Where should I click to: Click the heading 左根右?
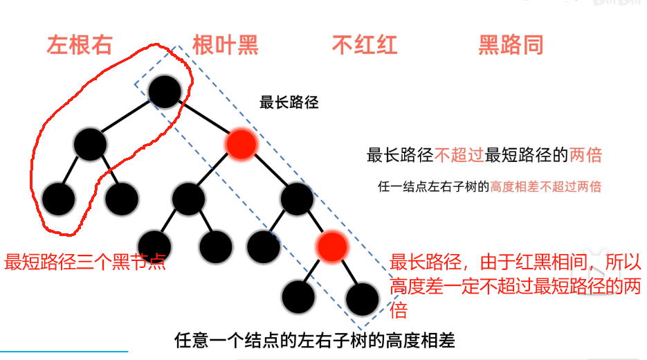click(x=79, y=45)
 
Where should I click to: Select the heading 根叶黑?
click(x=226, y=45)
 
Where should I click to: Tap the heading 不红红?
click(x=365, y=45)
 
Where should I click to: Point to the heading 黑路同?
click(x=511, y=45)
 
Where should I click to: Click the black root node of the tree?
click(x=164, y=89)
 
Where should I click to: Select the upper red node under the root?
click(x=242, y=144)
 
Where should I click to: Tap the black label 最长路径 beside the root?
click(x=289, y=103)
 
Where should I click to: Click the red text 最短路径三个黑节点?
click(x=85, y=262)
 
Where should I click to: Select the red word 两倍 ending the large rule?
click(x=585, y=155)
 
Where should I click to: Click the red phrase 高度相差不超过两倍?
click(x=545, y=186)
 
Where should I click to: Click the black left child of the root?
click(x=90, y=144)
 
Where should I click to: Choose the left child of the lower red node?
click(x=298, y=296)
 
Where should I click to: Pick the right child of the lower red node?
click(x=363, y=298)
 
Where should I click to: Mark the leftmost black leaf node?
click(x=58, y=199)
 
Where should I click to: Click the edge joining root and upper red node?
click(x=204, y=118)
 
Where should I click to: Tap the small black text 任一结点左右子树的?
click(x=433, y=186)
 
